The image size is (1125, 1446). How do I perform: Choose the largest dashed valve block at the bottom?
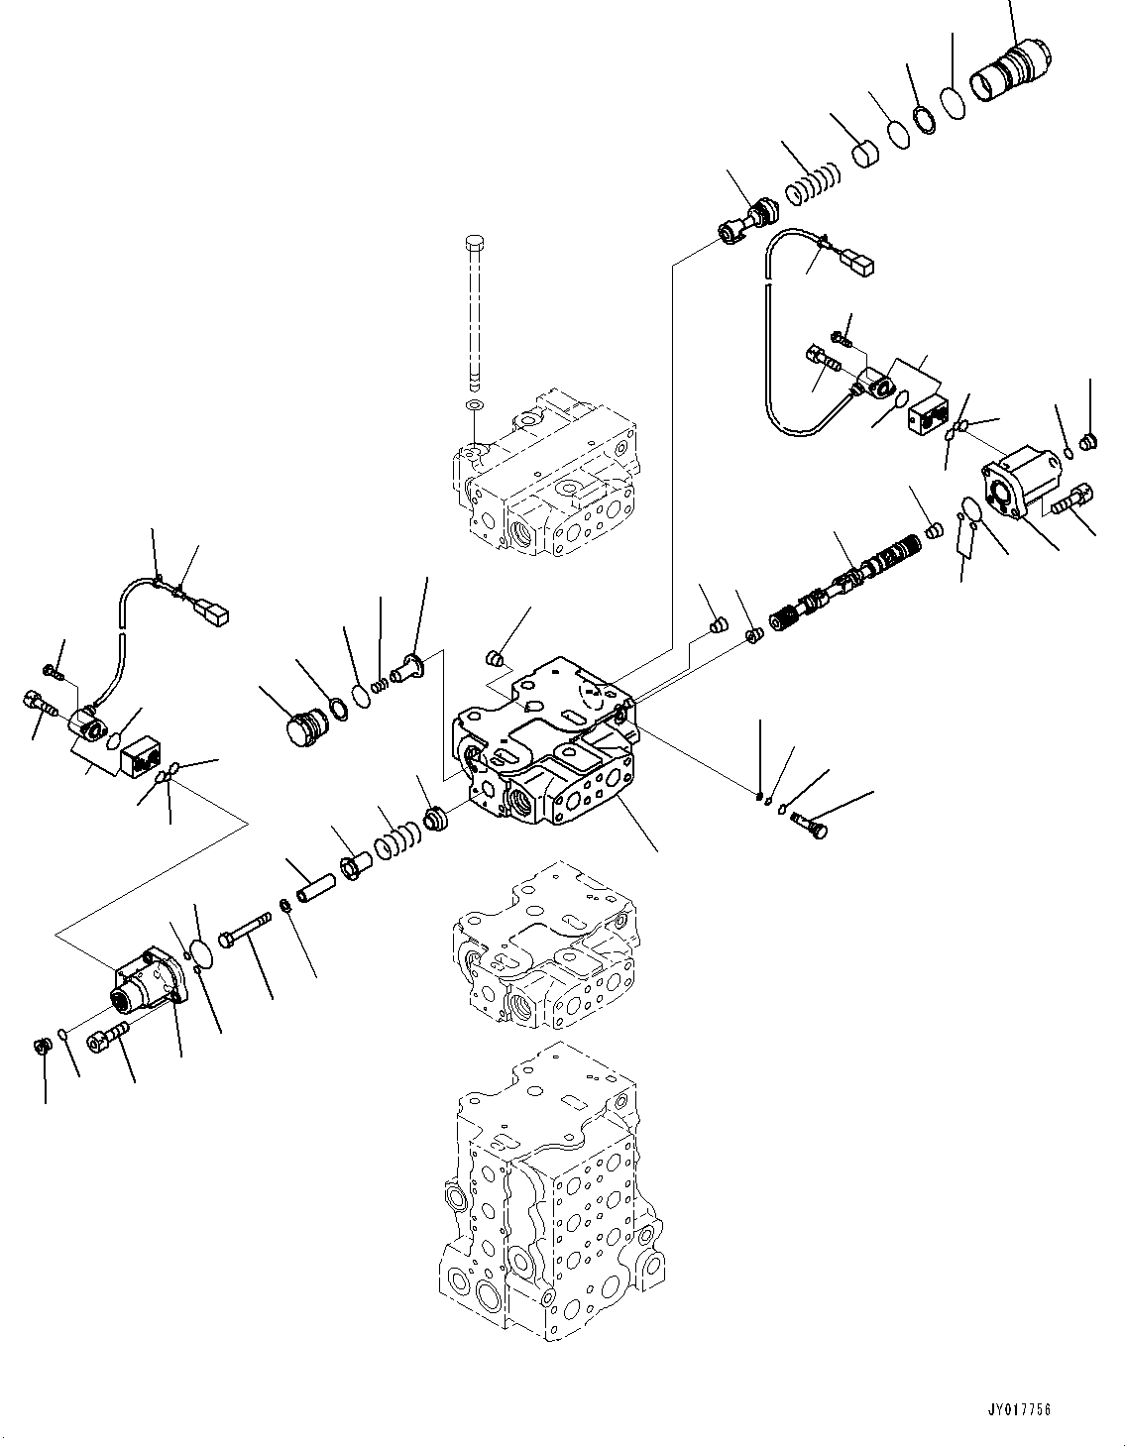(x=543, y=1189)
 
